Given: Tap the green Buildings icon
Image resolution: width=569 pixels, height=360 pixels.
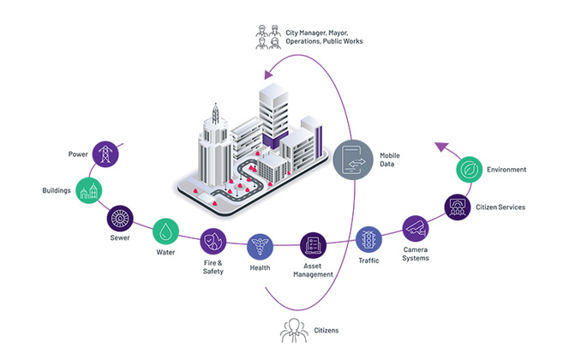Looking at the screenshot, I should click(x=90, y=190).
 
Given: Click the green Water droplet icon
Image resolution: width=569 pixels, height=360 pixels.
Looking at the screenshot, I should click(x=165, y=231).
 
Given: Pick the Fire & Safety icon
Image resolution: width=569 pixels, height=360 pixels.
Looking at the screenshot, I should click(x=213, y=241).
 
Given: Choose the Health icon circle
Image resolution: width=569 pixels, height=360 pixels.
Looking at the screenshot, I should click(x=261, y=246).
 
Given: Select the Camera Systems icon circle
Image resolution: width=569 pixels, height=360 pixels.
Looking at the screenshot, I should click(x=416, y=228).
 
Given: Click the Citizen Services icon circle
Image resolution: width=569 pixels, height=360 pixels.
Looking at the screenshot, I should click(x=458, y=206).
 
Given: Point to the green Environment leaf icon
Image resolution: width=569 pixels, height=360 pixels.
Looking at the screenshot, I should click(x=470, y=170).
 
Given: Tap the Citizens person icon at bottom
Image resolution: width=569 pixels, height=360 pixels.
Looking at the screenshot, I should click(x=294, y=329).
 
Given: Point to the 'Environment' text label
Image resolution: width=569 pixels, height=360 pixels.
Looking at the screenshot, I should click(x=506, y=170).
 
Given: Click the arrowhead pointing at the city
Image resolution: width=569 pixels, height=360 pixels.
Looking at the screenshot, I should click(x=269, y=73).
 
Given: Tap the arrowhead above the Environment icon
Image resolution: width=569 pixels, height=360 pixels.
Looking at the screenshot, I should click(x=439, y=147).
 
